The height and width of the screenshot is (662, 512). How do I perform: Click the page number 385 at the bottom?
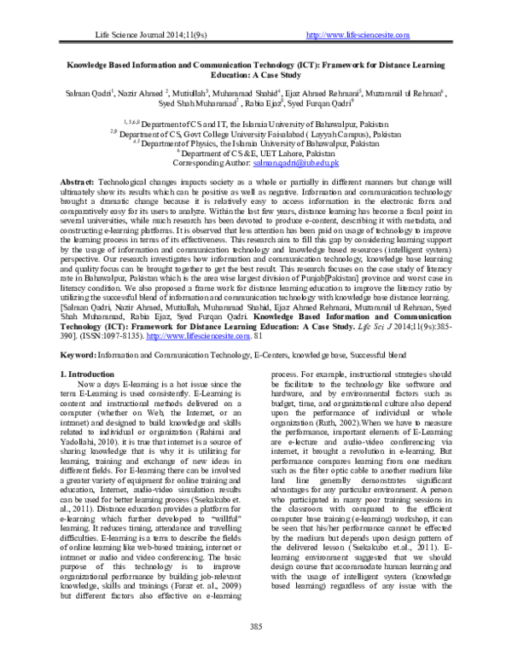coord(255,627)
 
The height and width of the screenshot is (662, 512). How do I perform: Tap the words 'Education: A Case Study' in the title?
coord(255,74)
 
